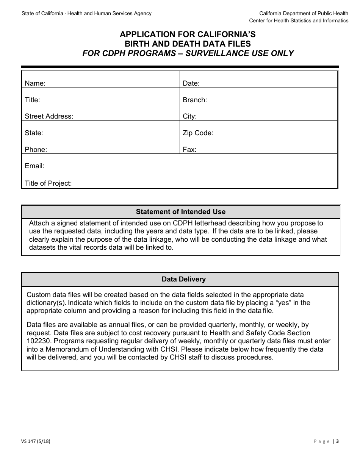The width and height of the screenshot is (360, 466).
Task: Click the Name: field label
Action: [35, 83]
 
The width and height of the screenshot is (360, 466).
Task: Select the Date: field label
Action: [191, 83]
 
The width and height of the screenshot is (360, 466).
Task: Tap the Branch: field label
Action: [195, 100]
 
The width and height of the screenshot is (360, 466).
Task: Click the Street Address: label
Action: [49, 116]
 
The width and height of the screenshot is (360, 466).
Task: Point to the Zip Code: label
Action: [198, 133]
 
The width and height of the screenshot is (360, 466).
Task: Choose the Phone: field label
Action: [36, 150]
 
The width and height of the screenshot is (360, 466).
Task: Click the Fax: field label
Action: [189, 150]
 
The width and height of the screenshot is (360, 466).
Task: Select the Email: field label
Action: [34, 166]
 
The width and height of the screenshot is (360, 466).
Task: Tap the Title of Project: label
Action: [48, 183]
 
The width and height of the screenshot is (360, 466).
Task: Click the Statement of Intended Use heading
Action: [180, 212]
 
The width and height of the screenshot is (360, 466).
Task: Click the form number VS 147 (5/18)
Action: [36, 441]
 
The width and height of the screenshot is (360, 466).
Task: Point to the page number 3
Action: [337, 441]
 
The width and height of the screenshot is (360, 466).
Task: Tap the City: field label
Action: [189, 116]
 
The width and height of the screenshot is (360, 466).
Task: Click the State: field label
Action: [34, 133]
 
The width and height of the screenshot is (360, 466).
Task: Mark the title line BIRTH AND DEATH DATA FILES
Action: [188, 44]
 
